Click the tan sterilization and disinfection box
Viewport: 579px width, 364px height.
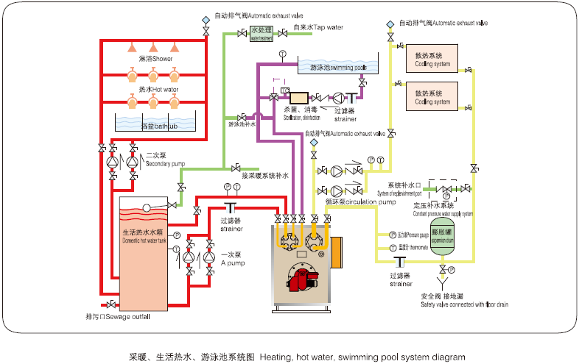[299, 97]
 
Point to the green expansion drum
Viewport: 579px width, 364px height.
[443, 236]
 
